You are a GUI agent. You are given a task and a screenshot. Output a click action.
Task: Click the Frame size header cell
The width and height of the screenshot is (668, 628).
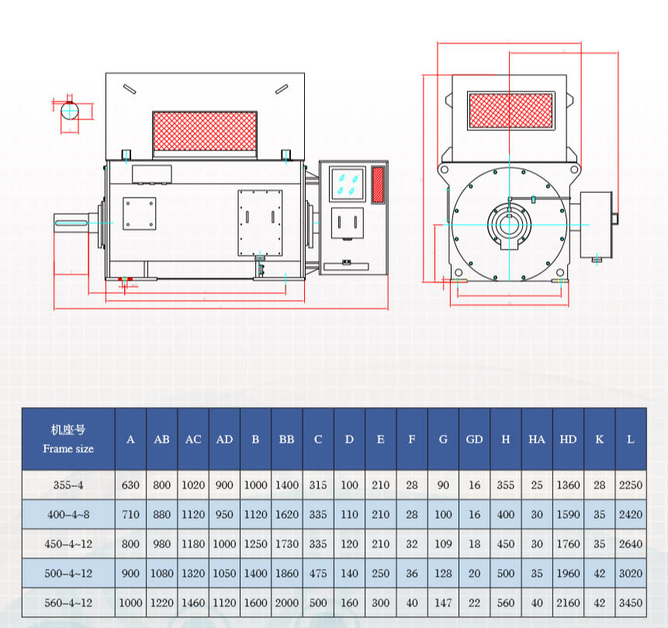(68, 439)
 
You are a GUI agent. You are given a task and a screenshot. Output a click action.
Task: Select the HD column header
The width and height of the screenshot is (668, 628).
(568, 440)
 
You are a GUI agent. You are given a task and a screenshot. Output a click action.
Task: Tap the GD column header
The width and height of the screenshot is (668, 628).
(474, 440)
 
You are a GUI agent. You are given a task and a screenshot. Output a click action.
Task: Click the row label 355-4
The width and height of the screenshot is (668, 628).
(68, 485)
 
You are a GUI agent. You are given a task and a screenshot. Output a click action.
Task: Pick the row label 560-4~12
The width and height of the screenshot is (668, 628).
(68, 602)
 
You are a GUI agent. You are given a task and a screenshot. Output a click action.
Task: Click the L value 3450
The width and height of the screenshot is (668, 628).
(631, 602)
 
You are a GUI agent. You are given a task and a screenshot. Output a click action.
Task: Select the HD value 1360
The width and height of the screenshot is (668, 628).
(568, 485)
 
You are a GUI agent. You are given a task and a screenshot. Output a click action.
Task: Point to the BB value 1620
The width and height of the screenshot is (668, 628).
(287, 514)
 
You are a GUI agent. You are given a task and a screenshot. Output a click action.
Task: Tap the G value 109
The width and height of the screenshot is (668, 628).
(443, 543)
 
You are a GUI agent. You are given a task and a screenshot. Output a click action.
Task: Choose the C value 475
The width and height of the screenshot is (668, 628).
(318, 573)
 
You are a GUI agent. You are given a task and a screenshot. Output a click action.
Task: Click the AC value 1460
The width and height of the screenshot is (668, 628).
(193, 602)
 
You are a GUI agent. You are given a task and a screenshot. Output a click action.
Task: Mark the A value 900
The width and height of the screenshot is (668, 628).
(130, 573)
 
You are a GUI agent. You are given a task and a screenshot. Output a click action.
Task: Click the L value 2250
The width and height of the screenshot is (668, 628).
(631, 485)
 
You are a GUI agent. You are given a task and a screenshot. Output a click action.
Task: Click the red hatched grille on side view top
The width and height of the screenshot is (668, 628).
(205, 131)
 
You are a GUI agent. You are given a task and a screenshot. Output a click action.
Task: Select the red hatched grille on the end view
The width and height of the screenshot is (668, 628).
(511, 111)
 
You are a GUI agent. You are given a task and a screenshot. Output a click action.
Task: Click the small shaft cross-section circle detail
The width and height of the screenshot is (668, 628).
(71, 110)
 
